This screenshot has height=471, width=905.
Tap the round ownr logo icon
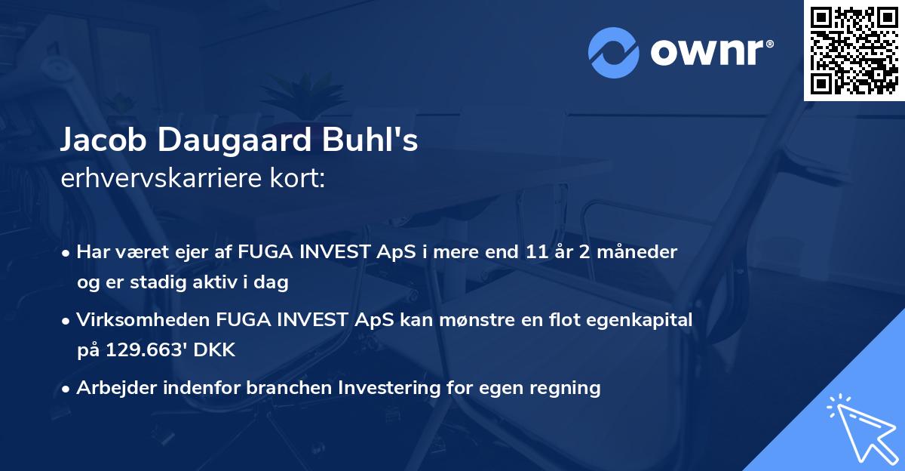(x=613, y=53)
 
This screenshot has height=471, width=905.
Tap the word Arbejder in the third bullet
(x=112, y=388)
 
